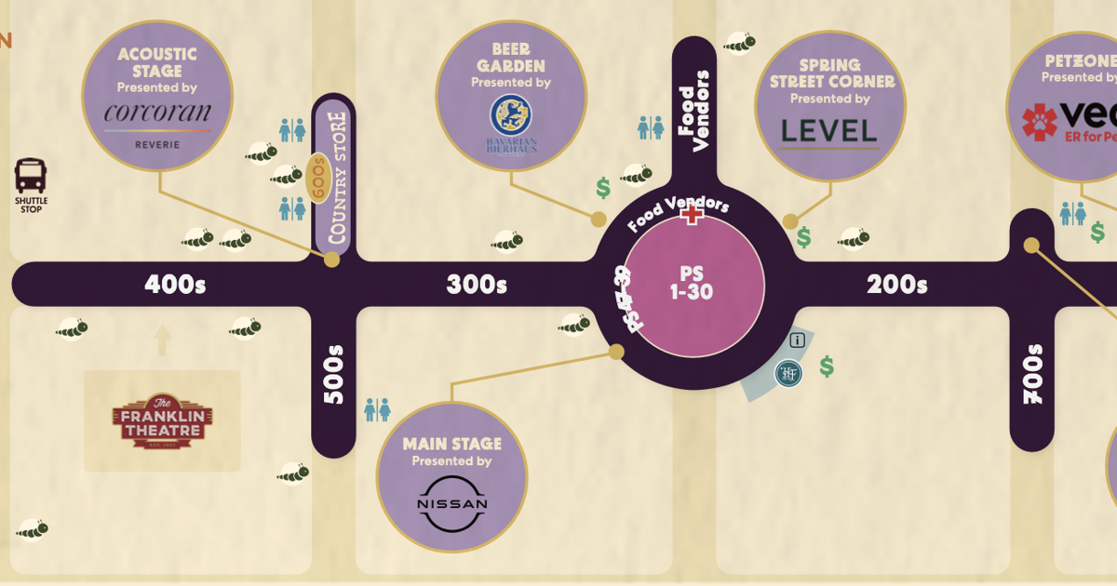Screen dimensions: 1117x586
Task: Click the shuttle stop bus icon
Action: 31,176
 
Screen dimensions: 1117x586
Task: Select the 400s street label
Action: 175,285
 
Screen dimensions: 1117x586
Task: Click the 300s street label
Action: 477,285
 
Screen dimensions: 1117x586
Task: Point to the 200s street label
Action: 896,285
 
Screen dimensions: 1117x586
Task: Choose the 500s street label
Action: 334,375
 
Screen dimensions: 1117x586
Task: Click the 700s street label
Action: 1032,374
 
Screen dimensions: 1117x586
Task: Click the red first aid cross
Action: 692,215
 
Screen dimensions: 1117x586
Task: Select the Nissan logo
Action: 451,503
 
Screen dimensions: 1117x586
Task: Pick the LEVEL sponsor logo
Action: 829,131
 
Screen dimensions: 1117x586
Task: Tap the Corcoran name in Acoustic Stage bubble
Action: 157,113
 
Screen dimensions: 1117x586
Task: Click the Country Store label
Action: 336,179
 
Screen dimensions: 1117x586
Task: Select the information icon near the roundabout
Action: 797,340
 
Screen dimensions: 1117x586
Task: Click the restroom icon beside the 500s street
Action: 377,409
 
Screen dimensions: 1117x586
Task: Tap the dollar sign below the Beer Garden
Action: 603,188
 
